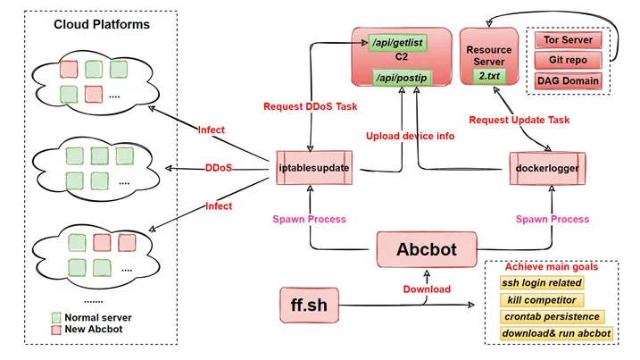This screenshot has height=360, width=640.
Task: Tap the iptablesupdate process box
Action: point(312,167)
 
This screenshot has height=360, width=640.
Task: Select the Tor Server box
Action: point(569,40)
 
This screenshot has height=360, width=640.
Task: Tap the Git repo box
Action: point(569,61)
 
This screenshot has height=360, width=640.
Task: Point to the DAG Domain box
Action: point(569,82)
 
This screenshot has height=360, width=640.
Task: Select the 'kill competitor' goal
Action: point(542,300)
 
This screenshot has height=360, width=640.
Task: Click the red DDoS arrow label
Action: point(220,167)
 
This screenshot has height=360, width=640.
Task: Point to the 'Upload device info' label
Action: point(411,136)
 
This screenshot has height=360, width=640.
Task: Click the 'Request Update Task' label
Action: point(519,119)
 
